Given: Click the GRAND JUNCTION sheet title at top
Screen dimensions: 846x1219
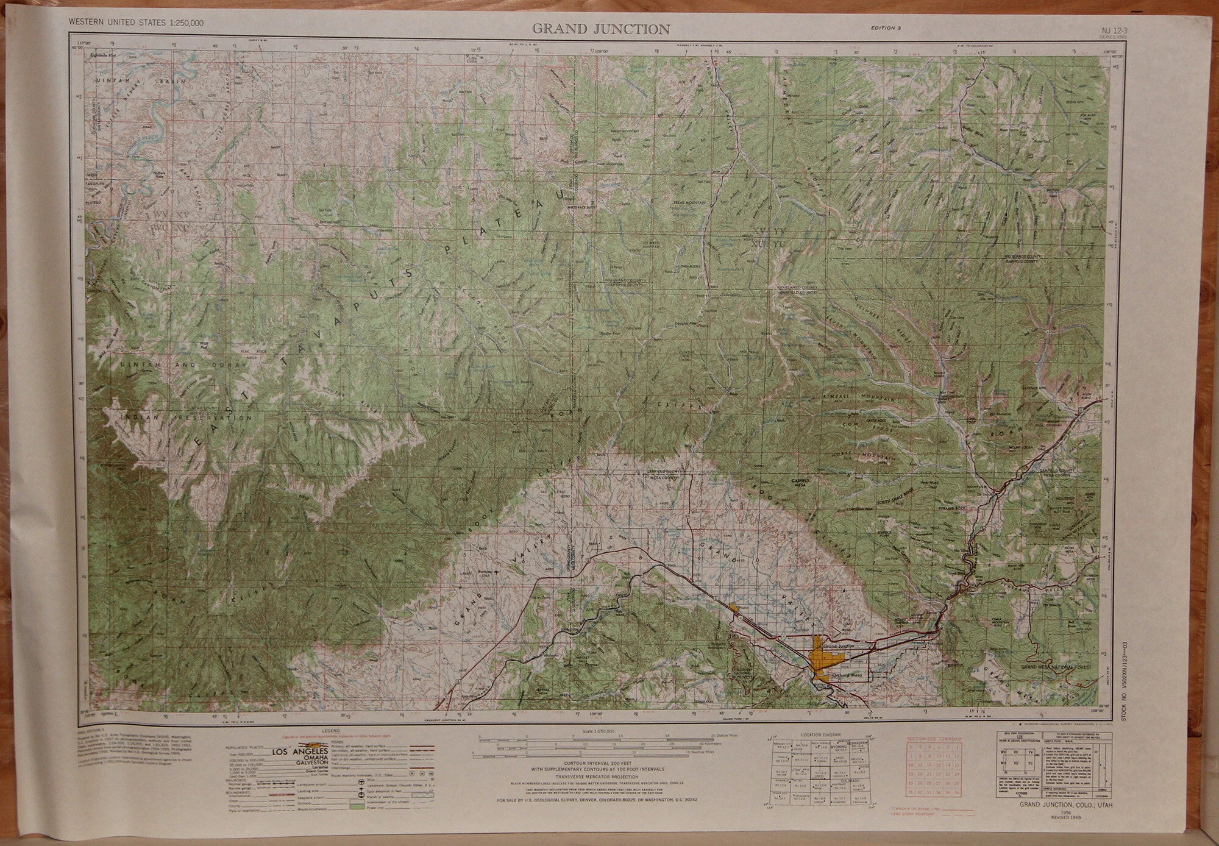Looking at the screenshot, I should point(601,29).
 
